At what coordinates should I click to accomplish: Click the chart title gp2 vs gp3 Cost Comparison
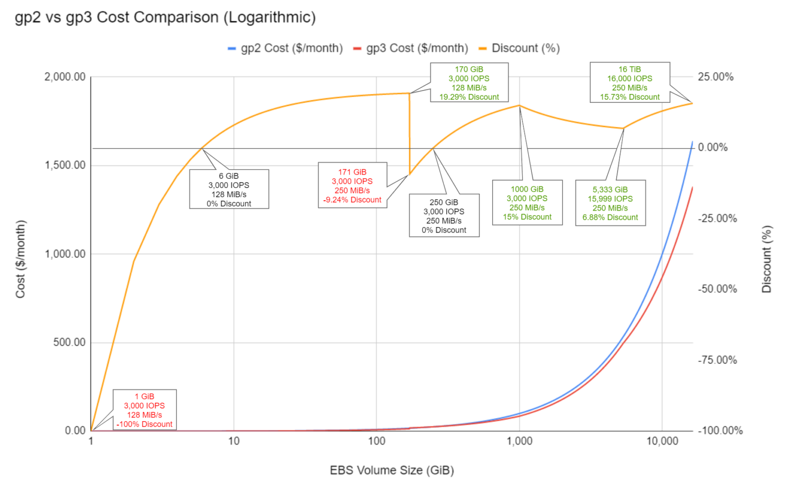click(165, 17)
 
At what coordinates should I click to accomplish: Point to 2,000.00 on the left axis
click(65, 77)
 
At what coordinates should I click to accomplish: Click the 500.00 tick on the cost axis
click(69, 343)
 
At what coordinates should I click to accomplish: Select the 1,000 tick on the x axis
click(519, 441)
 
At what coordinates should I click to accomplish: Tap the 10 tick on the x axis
click(234, 441)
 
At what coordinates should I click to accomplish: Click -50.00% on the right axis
click(717, 289)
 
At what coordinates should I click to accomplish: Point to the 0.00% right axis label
click(712, 147)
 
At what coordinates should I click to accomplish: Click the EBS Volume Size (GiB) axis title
click(392, 470)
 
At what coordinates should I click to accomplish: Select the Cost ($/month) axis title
click(21, 259)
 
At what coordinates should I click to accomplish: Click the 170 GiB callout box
click(469, 83)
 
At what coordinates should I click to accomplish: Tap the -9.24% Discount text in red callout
click(352, 200)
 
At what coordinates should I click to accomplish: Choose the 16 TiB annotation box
click(630, 83)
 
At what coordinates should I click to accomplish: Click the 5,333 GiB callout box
click(610, 203)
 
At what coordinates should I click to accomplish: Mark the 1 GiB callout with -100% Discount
click(145, 410)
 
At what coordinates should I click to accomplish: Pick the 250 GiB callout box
click(444, 216)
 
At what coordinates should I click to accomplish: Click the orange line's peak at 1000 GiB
click(519, 106)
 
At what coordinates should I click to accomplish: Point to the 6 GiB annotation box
click(229, 189)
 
